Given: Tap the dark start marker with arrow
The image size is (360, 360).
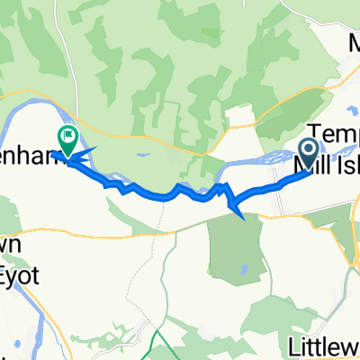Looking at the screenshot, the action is coord(308,151).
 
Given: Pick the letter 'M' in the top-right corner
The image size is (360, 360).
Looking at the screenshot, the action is coord(351,42).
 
